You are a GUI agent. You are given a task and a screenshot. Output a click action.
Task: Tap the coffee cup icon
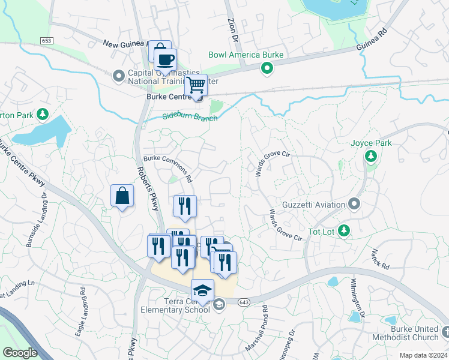tap(165, 60)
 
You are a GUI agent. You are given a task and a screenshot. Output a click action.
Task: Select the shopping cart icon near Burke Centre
tap(196, 85)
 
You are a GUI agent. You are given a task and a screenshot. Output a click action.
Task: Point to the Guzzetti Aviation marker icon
tap(354, 205)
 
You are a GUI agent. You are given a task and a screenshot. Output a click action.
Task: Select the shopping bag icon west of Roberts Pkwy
tap(122, 196)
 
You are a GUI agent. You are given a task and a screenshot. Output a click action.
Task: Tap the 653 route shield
tap(47, 40)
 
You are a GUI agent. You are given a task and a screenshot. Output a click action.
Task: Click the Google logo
tap(20, 352)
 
